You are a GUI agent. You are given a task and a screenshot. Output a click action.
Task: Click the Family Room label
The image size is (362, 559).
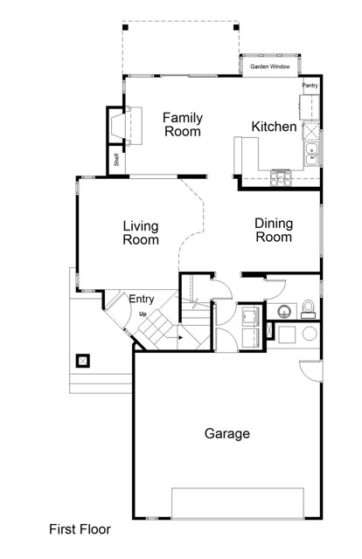coord(182,125)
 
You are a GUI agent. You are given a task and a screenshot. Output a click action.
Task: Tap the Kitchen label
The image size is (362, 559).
coord(274,128)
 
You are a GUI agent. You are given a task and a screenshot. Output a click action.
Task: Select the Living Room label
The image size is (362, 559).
coord(140,233)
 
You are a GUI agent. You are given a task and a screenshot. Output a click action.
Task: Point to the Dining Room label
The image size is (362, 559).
coord(273,230)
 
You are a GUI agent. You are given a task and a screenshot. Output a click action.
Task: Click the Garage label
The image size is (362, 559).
coord(227,433)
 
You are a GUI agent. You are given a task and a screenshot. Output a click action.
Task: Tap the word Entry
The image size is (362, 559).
coord(142,300)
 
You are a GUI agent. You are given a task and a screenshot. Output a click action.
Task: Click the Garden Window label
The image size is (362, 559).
coord(270,66)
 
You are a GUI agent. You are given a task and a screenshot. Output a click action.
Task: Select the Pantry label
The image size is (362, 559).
coord(310,86)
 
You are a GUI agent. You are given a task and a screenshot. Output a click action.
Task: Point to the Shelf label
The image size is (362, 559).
coord(116,161)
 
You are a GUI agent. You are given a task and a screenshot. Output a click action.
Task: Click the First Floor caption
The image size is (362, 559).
coord(80,529)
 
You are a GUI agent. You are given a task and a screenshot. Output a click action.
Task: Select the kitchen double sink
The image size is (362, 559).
coord(310,155)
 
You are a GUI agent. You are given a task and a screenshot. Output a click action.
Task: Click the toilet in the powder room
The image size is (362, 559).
coord(308,307)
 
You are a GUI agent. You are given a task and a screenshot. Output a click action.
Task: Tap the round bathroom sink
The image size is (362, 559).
coord(283,311)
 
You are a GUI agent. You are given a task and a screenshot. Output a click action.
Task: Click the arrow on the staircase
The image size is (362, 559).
coord(178,334)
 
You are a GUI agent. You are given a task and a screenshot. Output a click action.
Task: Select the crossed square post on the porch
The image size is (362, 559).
coord(85,359)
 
